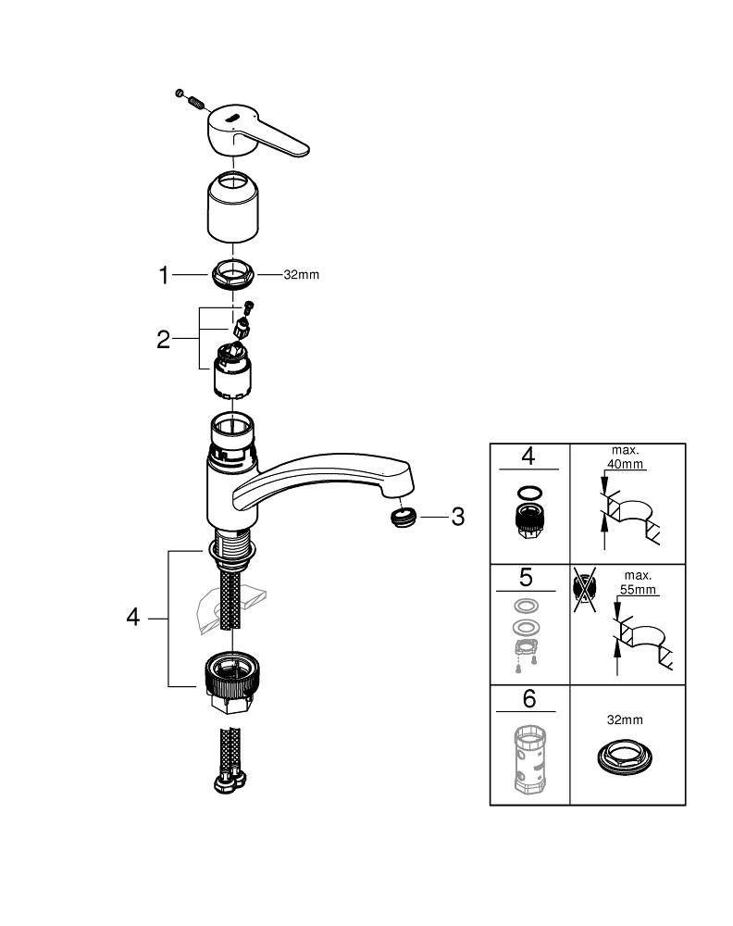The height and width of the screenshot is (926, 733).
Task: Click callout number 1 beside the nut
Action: coord(164,275)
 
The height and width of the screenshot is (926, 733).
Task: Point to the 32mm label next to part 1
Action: coord(301,275)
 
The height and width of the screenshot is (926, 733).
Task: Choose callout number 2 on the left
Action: coord(164,339)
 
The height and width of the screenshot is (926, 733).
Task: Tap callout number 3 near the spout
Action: coord(457,517)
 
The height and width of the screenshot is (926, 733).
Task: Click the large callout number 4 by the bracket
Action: coord(133,617)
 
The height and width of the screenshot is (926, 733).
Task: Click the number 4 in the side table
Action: coord(528,457)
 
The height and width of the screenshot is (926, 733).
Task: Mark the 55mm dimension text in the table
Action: coord(637,588)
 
